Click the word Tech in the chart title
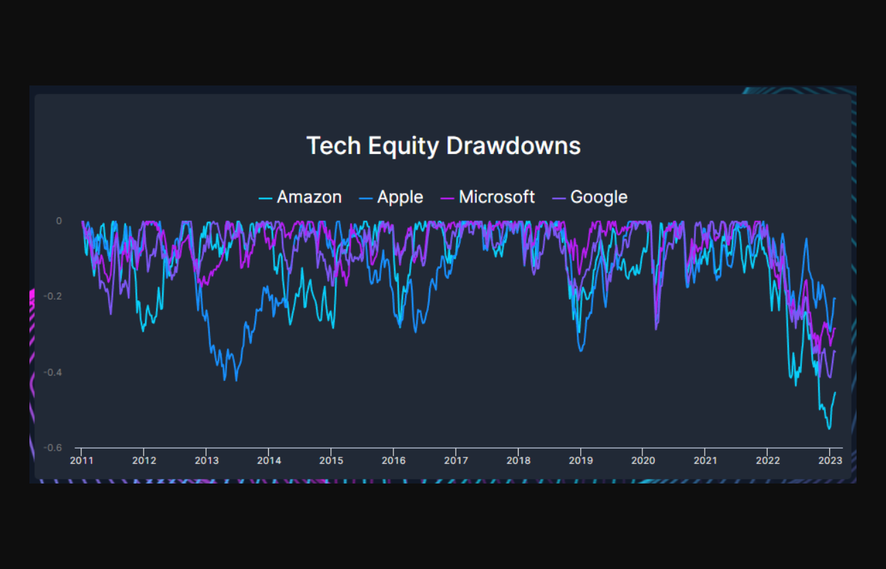click(328, 146)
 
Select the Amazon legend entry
click(309, 198)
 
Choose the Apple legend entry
click(400, 198)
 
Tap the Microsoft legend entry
click(496, 198)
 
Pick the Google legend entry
click(598, 198)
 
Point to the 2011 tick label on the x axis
click(81, 460)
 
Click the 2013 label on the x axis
click(206, 460)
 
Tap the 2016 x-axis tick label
click(393, 460)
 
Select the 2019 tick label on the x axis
click(580, 460)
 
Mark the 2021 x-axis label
click(705, 460)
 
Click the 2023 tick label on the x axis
click(830, 460)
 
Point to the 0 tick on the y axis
click(59, 221)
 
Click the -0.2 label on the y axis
click(53, 296)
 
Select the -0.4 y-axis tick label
click(53, 372)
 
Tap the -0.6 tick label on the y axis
click(53, 448)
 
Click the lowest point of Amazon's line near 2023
click(829, 429)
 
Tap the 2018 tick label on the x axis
click(518, 460)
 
